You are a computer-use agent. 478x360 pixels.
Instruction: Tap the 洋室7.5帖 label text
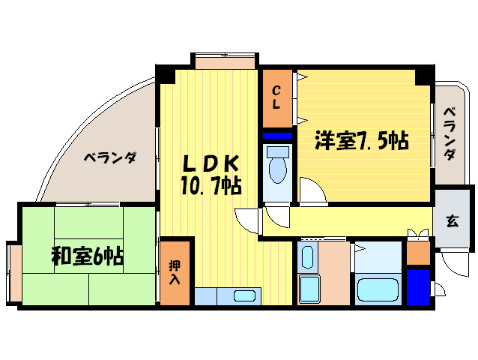tap(361, 140)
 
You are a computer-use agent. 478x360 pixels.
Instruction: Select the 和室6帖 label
tap(87, 256)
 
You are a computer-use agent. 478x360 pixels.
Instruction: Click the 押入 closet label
tap(175, 272)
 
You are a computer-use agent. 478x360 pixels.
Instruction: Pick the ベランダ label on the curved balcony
tap(109, 158)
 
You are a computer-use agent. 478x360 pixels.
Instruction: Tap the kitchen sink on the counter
tap(245, 295)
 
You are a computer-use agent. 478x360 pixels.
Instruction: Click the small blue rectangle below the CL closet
tap(277, 136)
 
